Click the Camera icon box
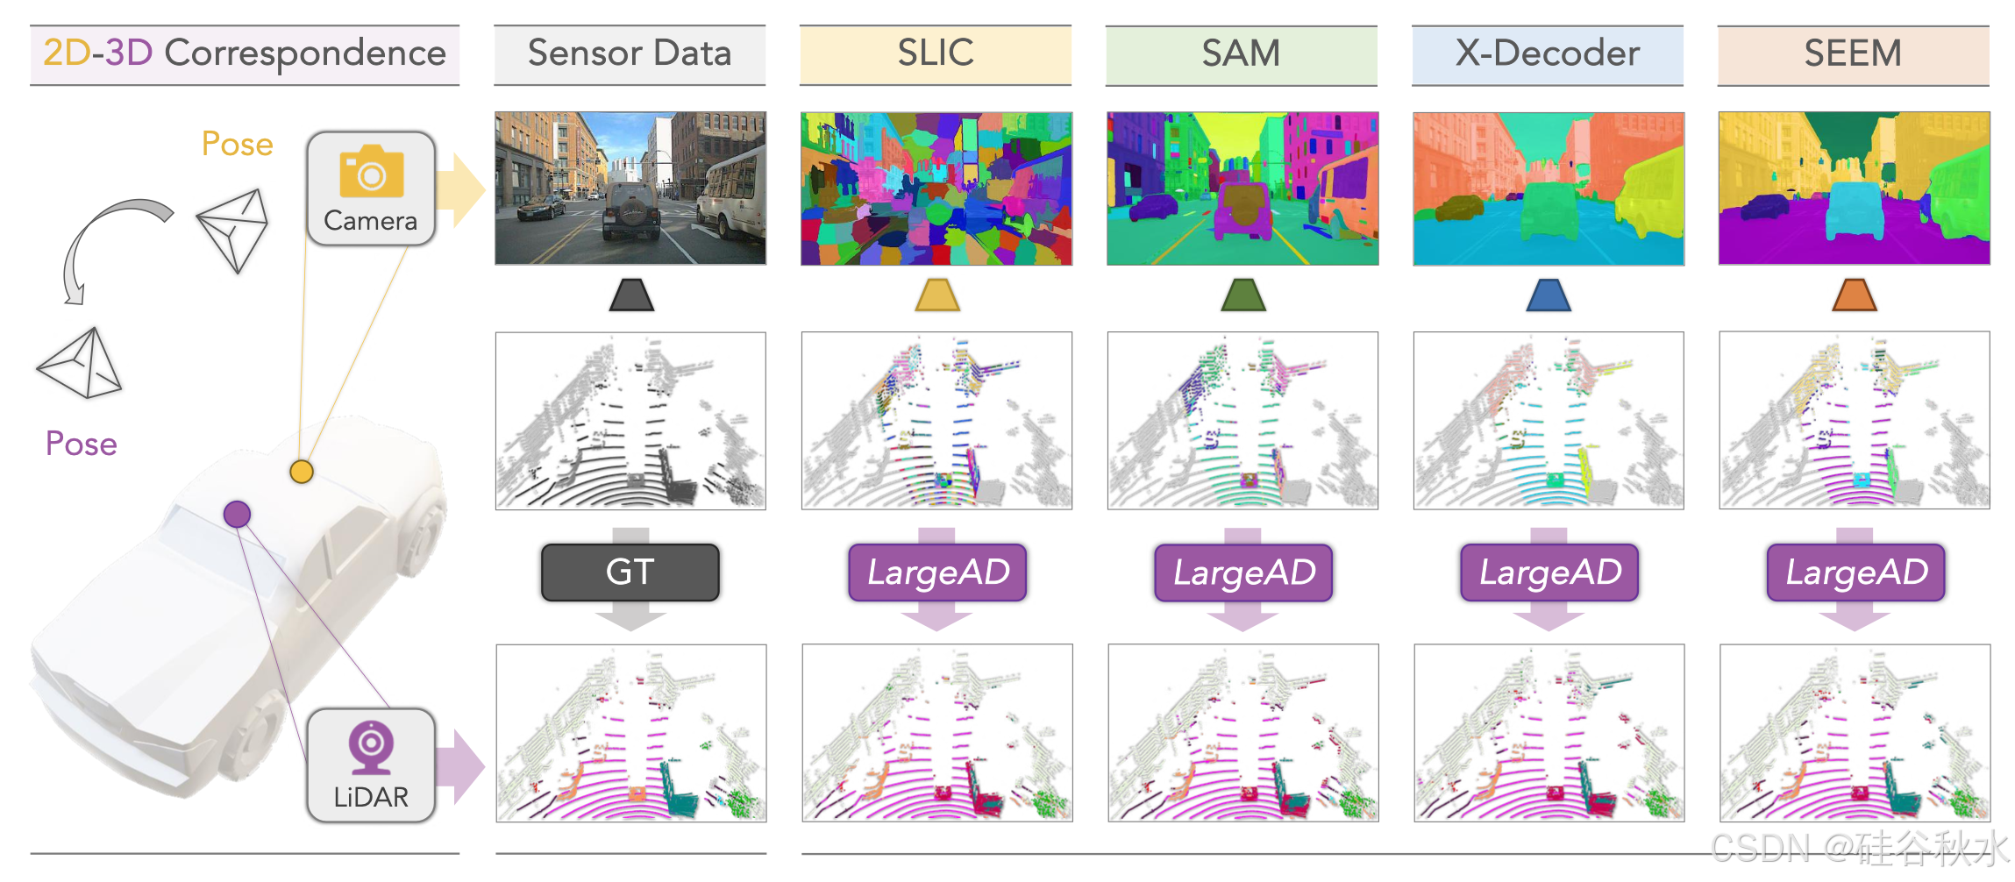coord(371,188)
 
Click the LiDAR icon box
coord(371,765)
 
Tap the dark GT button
coord(630,573)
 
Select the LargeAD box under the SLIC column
coord(937,573)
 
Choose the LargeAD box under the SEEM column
coord(1855,573)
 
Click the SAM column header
coord(1241,54)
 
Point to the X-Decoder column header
coord(1547,54)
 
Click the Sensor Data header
coord(630,54)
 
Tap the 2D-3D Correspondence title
coord(245,54)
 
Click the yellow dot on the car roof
coord(302,472)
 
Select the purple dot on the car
coord(237,514)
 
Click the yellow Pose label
coord(237,144)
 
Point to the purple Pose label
coord(82,444)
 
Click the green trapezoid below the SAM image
coord(1242,295)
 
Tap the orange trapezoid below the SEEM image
coord(1854,295)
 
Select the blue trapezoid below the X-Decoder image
coord(1548,295)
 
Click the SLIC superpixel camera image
coord(936,188)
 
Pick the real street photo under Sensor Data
coord(630,188)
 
